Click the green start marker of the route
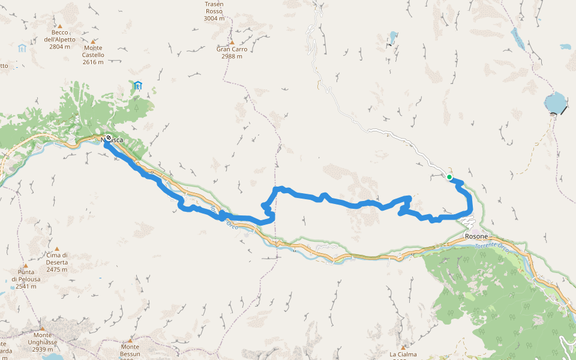(x=449, y=177)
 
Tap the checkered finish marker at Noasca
(x=108, y=137)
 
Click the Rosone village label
(x=476, y=236)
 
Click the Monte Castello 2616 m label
(x=93, y=55)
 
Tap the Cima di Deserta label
(x=57, y=259)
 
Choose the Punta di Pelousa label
(x=25, y=280)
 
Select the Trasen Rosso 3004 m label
(x=214, y=11)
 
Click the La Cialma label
(x=403, y=355)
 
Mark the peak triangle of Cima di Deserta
(x=57, y=248)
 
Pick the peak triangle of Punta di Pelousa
(x=25, y=265)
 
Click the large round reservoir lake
(x=556, y=103)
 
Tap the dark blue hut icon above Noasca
(x=138, y=85)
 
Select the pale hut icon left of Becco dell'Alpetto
(x=22, y=47)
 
